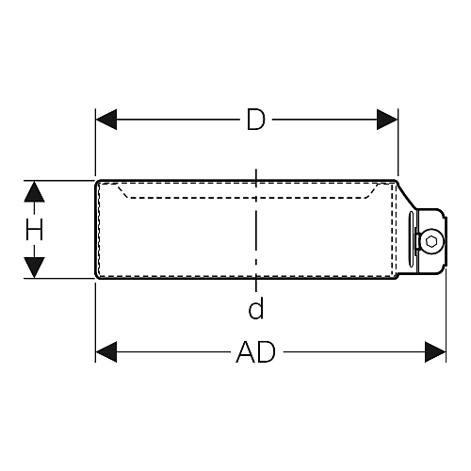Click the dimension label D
[x=256, y=120]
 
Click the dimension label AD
[x=255, y=352]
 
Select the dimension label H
[x=34, y=230]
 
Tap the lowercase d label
[x=256, y=308]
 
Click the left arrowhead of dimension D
[x=106, y=120]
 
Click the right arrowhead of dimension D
[x=387, y=120]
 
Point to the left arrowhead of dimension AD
[x=106, y=352]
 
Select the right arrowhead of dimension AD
[x=435, y=352]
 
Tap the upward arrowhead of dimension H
[x=34, y=191]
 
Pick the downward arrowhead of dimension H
[x=34, y=268]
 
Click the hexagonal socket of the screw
[x=430, y=242]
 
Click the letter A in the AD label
[x=246, y=352]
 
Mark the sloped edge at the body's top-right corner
[x=407, y=195]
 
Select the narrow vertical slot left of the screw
[x=411, y=239]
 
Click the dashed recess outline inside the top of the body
[x=247, y=191]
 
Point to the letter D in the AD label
[x=267, y=352]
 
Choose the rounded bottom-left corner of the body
[x=97, y=277]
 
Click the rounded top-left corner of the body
[x=97, y=182]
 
